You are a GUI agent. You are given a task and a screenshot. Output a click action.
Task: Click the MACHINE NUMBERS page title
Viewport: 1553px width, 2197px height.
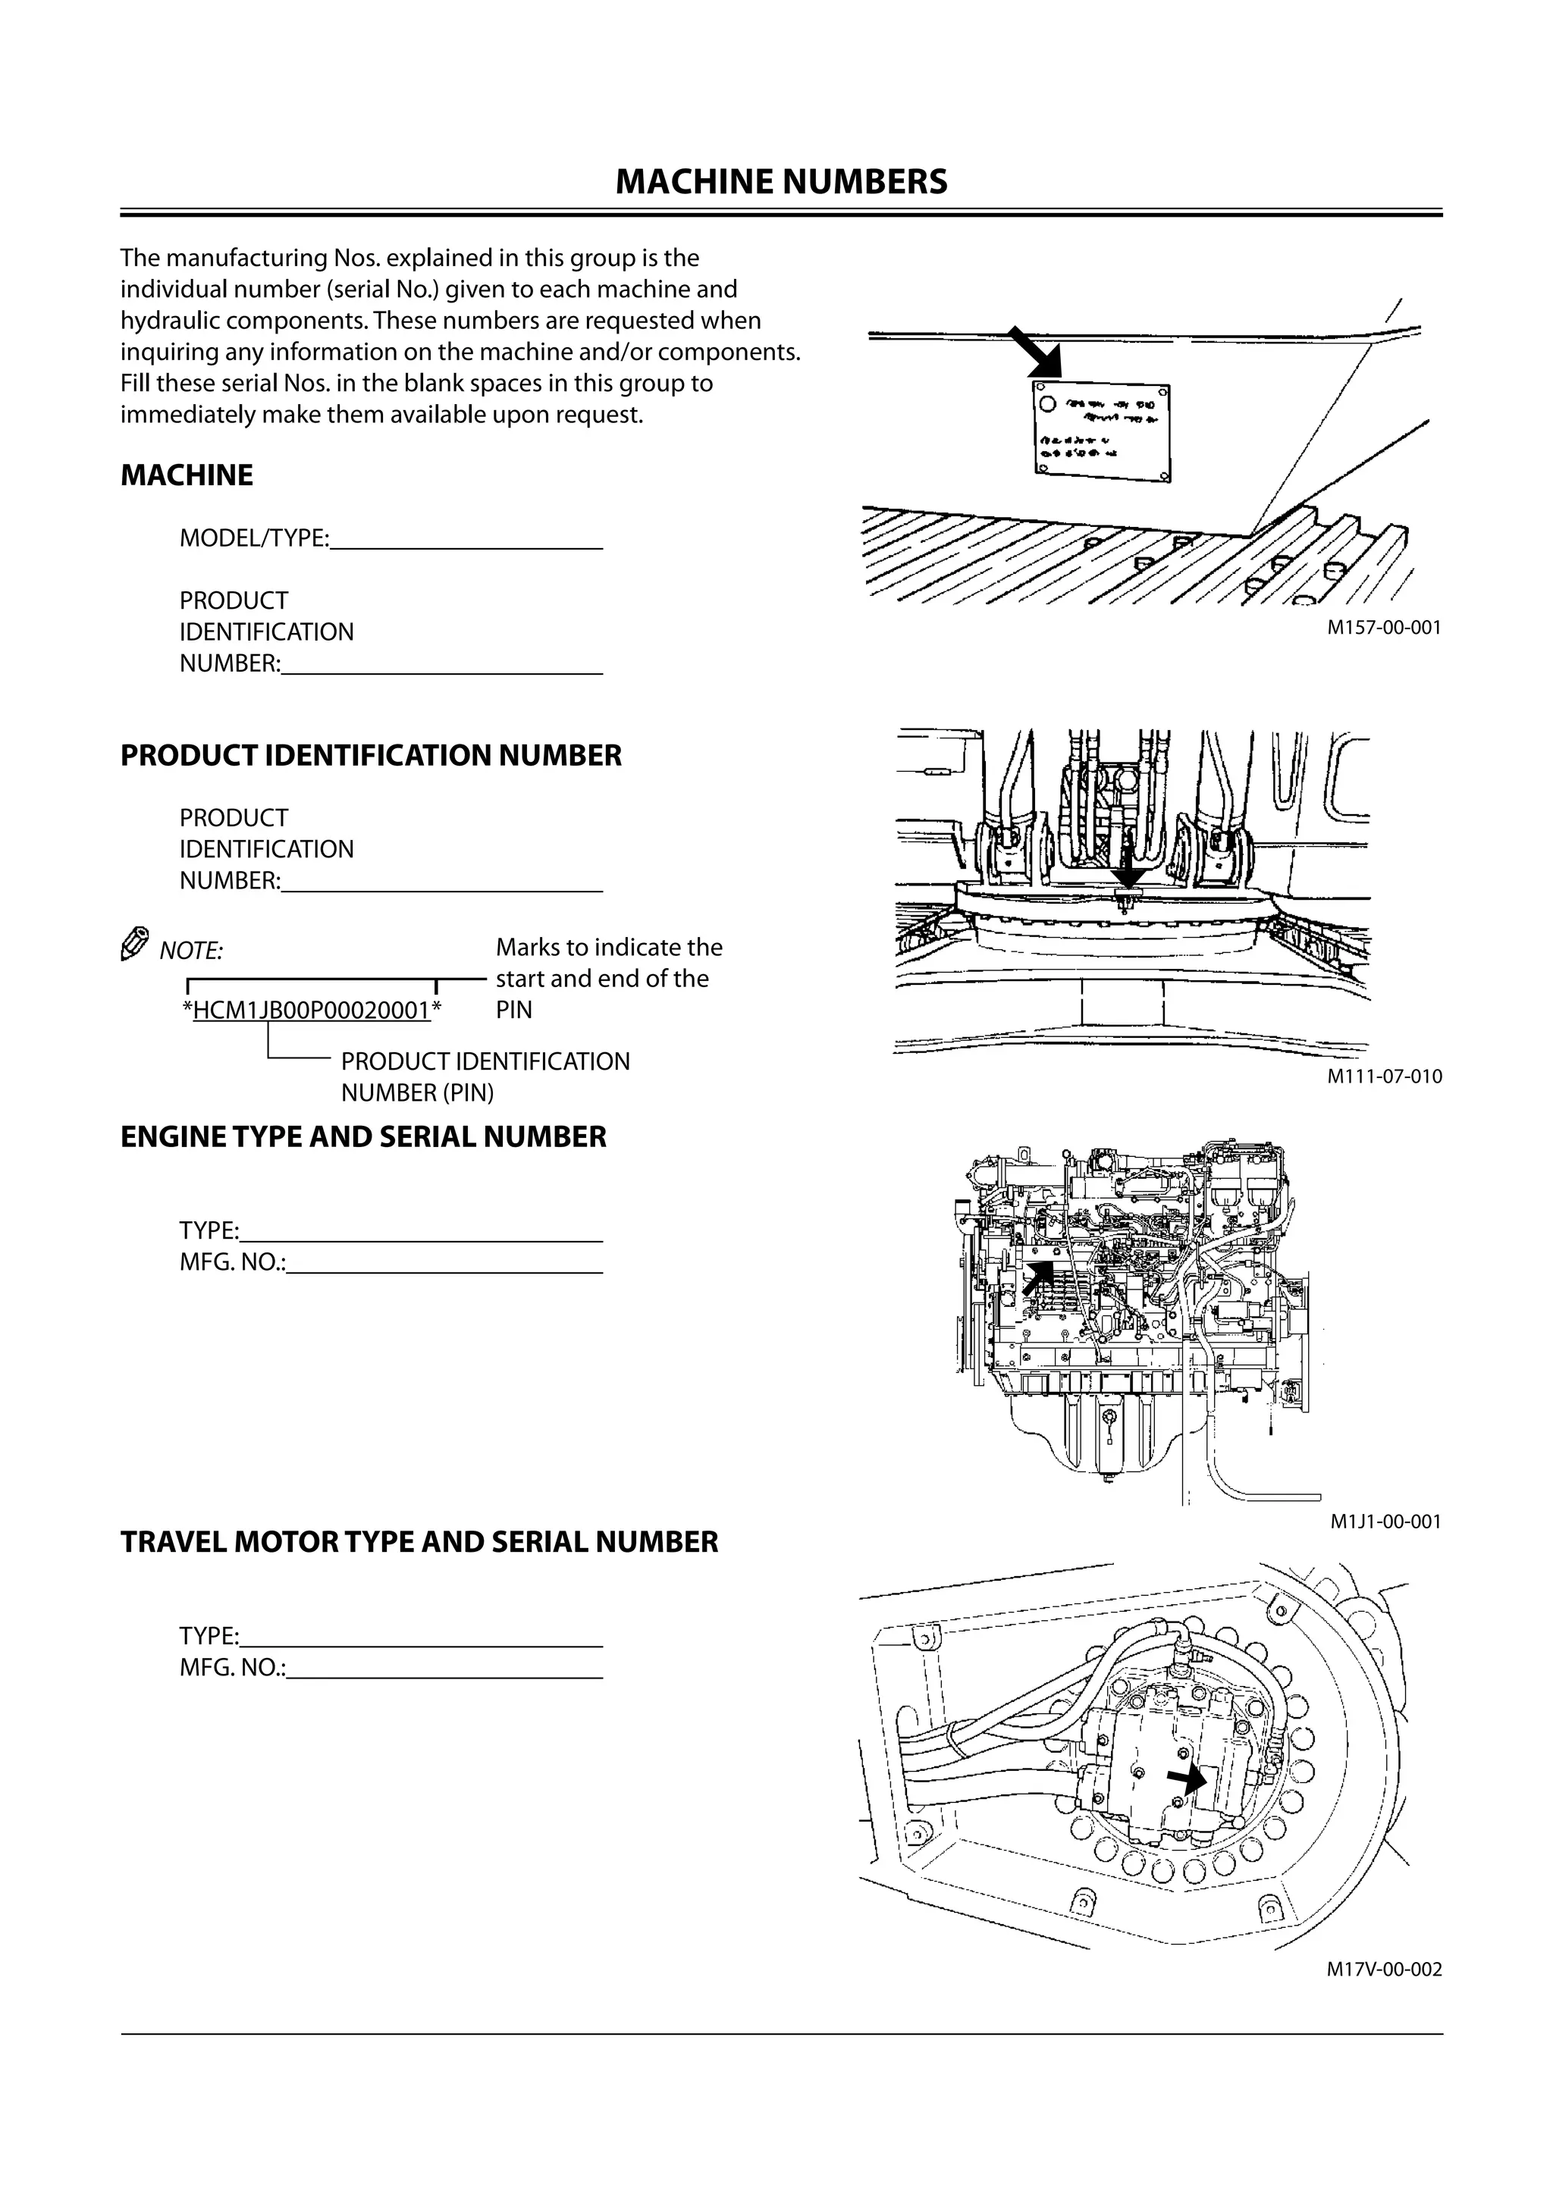(x=781, y=182)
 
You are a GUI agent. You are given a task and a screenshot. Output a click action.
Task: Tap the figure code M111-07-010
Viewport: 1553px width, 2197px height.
(x=1384, y=1076)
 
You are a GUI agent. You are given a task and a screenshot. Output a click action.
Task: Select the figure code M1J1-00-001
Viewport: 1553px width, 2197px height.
(x=1385, y=1522)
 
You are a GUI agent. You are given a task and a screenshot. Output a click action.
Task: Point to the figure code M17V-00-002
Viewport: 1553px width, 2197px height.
(x=1384, y=1970)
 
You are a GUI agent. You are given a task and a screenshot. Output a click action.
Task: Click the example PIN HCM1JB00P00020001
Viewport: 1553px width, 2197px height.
(x=312, y=1011)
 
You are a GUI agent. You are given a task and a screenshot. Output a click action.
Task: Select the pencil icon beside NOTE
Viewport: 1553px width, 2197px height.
(x=134, y=944)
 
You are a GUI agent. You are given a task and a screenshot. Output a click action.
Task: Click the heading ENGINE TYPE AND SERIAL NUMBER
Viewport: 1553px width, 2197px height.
(x=364, y=1136)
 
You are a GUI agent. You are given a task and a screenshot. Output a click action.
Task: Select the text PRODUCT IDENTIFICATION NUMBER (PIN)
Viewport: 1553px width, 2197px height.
(x=485, y=1077)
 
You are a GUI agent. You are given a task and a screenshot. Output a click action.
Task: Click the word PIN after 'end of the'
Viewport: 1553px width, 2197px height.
(x=514, y=1010)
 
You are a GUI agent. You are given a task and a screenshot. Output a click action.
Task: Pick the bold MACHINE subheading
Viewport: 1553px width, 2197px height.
(x=187, y=475)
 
